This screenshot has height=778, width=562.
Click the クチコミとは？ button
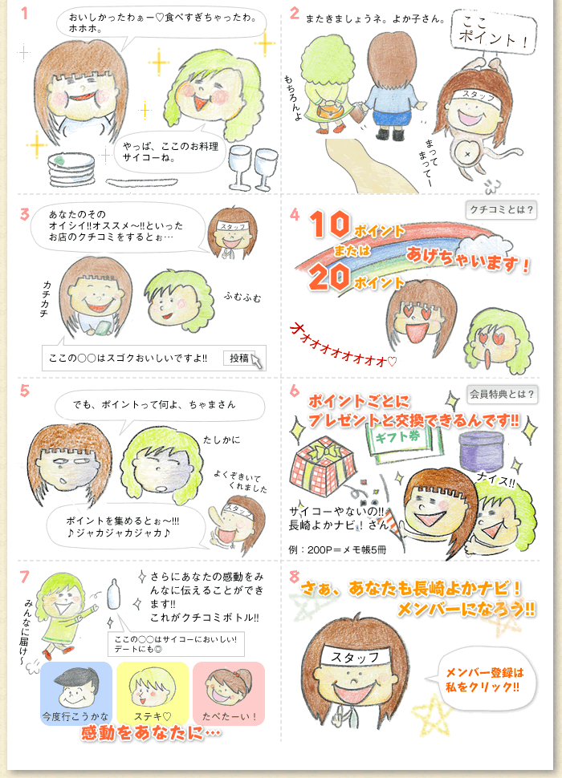502,210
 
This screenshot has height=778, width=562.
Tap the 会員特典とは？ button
502,395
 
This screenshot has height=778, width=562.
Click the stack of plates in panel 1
71,169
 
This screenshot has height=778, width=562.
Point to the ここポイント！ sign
494,30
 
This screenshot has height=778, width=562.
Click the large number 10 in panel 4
330,225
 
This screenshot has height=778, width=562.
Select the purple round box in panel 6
482,451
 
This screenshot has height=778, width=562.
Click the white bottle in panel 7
114,594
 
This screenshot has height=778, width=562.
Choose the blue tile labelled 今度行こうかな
76,693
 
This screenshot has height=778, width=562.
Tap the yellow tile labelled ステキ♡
153,693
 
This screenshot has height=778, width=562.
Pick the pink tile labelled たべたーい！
229,693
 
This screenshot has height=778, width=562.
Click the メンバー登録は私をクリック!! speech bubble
482,680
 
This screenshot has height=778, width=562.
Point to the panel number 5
25,391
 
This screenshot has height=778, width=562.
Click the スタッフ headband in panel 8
356,657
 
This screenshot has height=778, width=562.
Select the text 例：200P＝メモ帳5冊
337,549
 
